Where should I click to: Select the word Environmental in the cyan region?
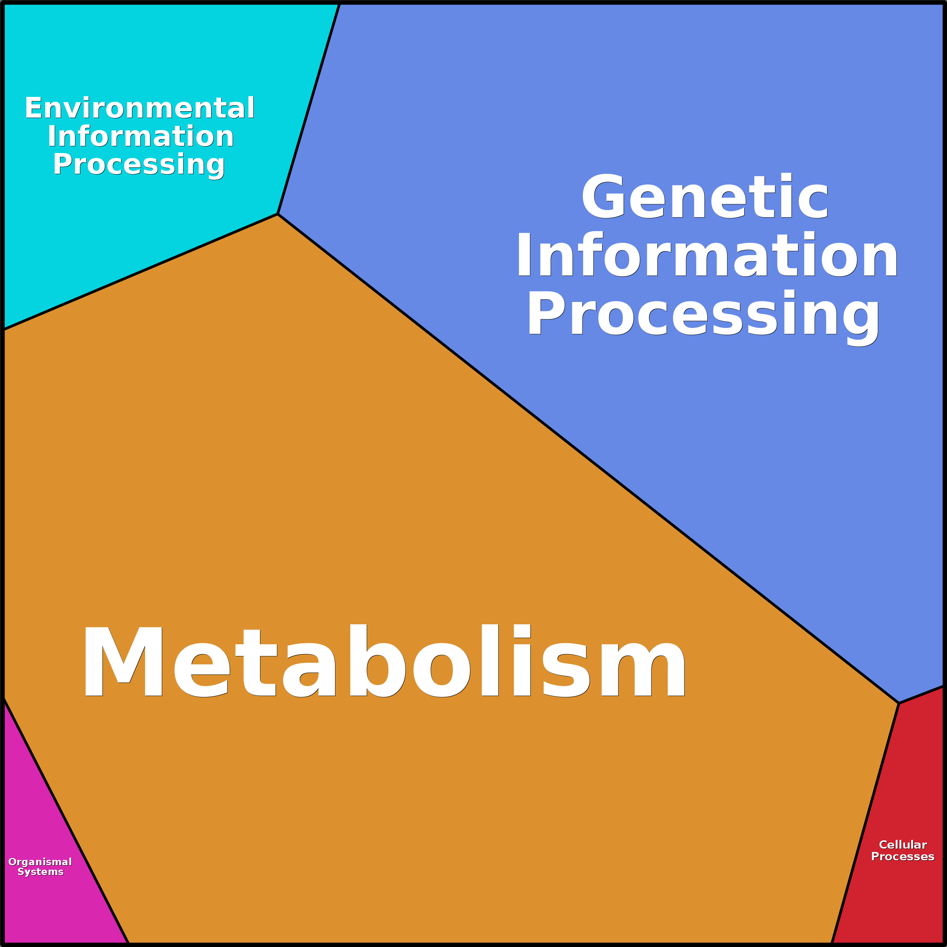pyautogui.click(x=140, y=108)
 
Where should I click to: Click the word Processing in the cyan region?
pyautogui.click(x=139, y=165)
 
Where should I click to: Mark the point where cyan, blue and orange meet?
pyautogui.click(x=278, y=214)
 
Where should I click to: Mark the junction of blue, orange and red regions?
pyautogui.click(x=899, y=703)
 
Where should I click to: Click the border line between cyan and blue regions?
pyautogui.click(x=309, y=109)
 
